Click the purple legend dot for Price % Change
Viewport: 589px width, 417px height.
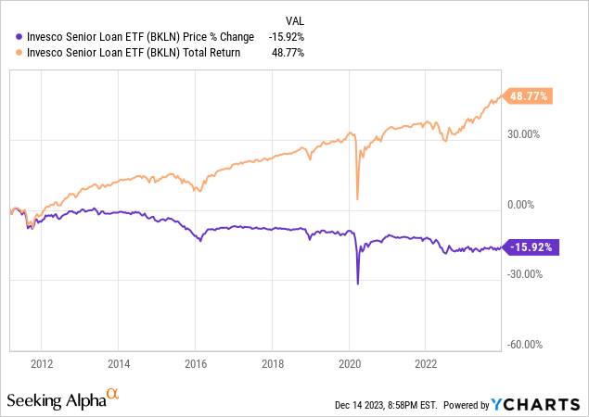point(9,37)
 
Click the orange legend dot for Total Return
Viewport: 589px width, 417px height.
point(9,53)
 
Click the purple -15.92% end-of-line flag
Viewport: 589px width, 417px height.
point(531,247)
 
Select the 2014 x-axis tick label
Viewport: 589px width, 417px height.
point(119,364)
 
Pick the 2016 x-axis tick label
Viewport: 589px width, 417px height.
point(196,364)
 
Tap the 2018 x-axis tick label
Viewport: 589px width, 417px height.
point(273,364)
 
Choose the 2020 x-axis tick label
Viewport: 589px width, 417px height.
point(349,364)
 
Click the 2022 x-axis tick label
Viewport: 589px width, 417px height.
point(426,364)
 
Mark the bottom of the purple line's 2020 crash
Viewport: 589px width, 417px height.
point(358,283)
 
